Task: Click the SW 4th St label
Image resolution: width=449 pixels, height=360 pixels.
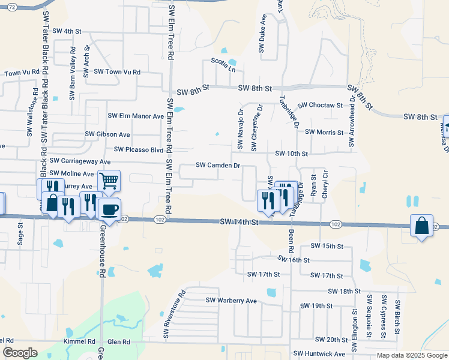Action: (x=67, y=31)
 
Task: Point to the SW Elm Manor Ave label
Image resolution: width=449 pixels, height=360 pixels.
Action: (x=136, y=116)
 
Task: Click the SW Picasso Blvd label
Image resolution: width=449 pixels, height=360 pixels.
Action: (x=139, y=149)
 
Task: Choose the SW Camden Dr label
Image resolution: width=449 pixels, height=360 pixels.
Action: (x=218, y=165)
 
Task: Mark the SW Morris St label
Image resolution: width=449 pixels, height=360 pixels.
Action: (x=324, y=132)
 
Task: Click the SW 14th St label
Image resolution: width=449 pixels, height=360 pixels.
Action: (x=239, y=222)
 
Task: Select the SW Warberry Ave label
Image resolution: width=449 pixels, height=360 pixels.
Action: (x=231, y=301)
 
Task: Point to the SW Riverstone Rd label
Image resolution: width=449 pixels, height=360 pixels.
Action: (x=176, y=314)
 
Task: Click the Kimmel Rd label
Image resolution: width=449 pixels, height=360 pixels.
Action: (x=80, y=341)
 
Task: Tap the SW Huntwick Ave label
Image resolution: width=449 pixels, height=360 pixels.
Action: (x=319, y=355)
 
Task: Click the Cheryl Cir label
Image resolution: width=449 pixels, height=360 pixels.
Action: (x=325, y=184)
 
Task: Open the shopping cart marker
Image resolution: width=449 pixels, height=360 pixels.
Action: (x=109, y=180)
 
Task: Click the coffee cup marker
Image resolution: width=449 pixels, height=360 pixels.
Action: (x=109, y=209)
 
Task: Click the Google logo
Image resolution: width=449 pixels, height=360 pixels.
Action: (x=19, y=353)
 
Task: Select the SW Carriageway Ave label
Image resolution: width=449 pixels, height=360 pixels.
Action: (x=80, y=161)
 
